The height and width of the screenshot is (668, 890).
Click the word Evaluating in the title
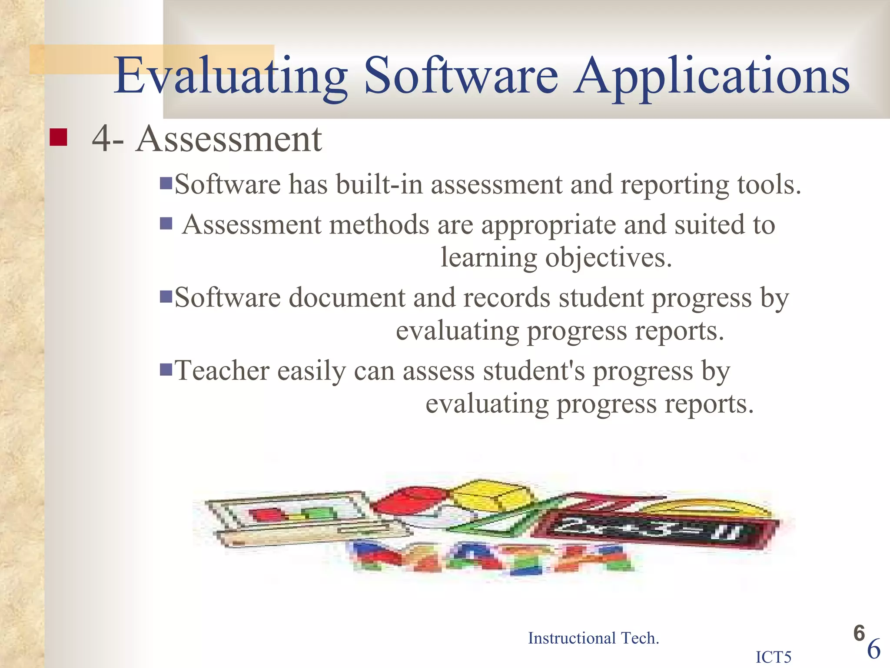coord(230,76)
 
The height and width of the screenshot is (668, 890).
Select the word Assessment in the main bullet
coord(229,139)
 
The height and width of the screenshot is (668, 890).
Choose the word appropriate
coord(548,225)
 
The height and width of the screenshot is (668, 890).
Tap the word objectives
coord(608,257)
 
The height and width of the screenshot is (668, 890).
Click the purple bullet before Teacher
coord(166,370)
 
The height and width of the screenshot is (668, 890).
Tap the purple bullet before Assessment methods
coord(166,224)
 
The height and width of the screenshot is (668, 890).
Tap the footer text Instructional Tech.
coord(593,638)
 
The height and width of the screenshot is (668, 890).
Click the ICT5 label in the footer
coord(774,657)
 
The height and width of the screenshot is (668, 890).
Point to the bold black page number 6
coord(859,633)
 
